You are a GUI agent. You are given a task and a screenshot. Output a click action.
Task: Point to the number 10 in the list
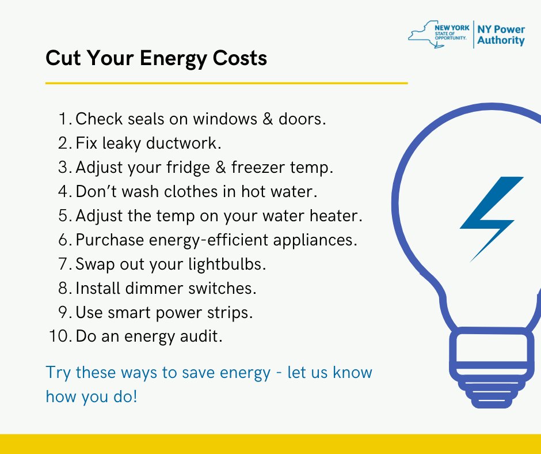(59, 336)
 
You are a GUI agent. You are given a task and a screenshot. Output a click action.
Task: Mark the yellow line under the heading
(226, 83)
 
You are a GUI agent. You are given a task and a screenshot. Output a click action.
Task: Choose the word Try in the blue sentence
(58, 373)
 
